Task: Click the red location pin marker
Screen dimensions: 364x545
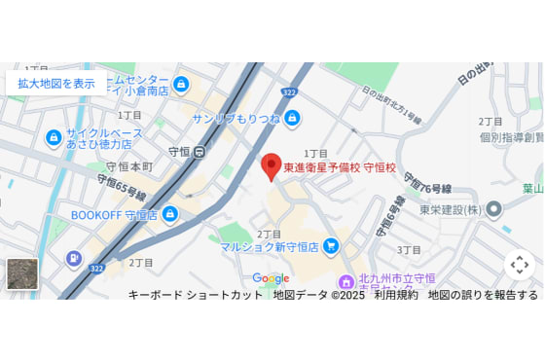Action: (272, 165)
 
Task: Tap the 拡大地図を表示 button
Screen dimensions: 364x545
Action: (56, 83)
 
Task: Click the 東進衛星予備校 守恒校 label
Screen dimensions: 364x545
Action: (340, 168)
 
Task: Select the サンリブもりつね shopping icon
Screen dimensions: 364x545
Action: (292, 118)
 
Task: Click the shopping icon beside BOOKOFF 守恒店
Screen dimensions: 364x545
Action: (170, 214)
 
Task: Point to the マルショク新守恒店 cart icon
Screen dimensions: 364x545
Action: (331, 246)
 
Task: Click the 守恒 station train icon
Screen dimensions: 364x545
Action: (200, 152)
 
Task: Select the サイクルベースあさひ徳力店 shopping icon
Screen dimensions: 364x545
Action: (54, 137)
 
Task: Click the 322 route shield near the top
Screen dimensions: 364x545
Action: (290, 91)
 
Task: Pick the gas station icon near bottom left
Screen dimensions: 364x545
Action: (73, 258)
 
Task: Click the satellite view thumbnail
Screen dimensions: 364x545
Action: (22, 273)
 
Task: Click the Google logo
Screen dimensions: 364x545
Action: (271, 278)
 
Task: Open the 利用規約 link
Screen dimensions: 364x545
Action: (396, 295)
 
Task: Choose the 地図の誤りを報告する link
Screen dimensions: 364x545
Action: (483, 295)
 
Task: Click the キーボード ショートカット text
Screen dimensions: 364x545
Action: (195, 295)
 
